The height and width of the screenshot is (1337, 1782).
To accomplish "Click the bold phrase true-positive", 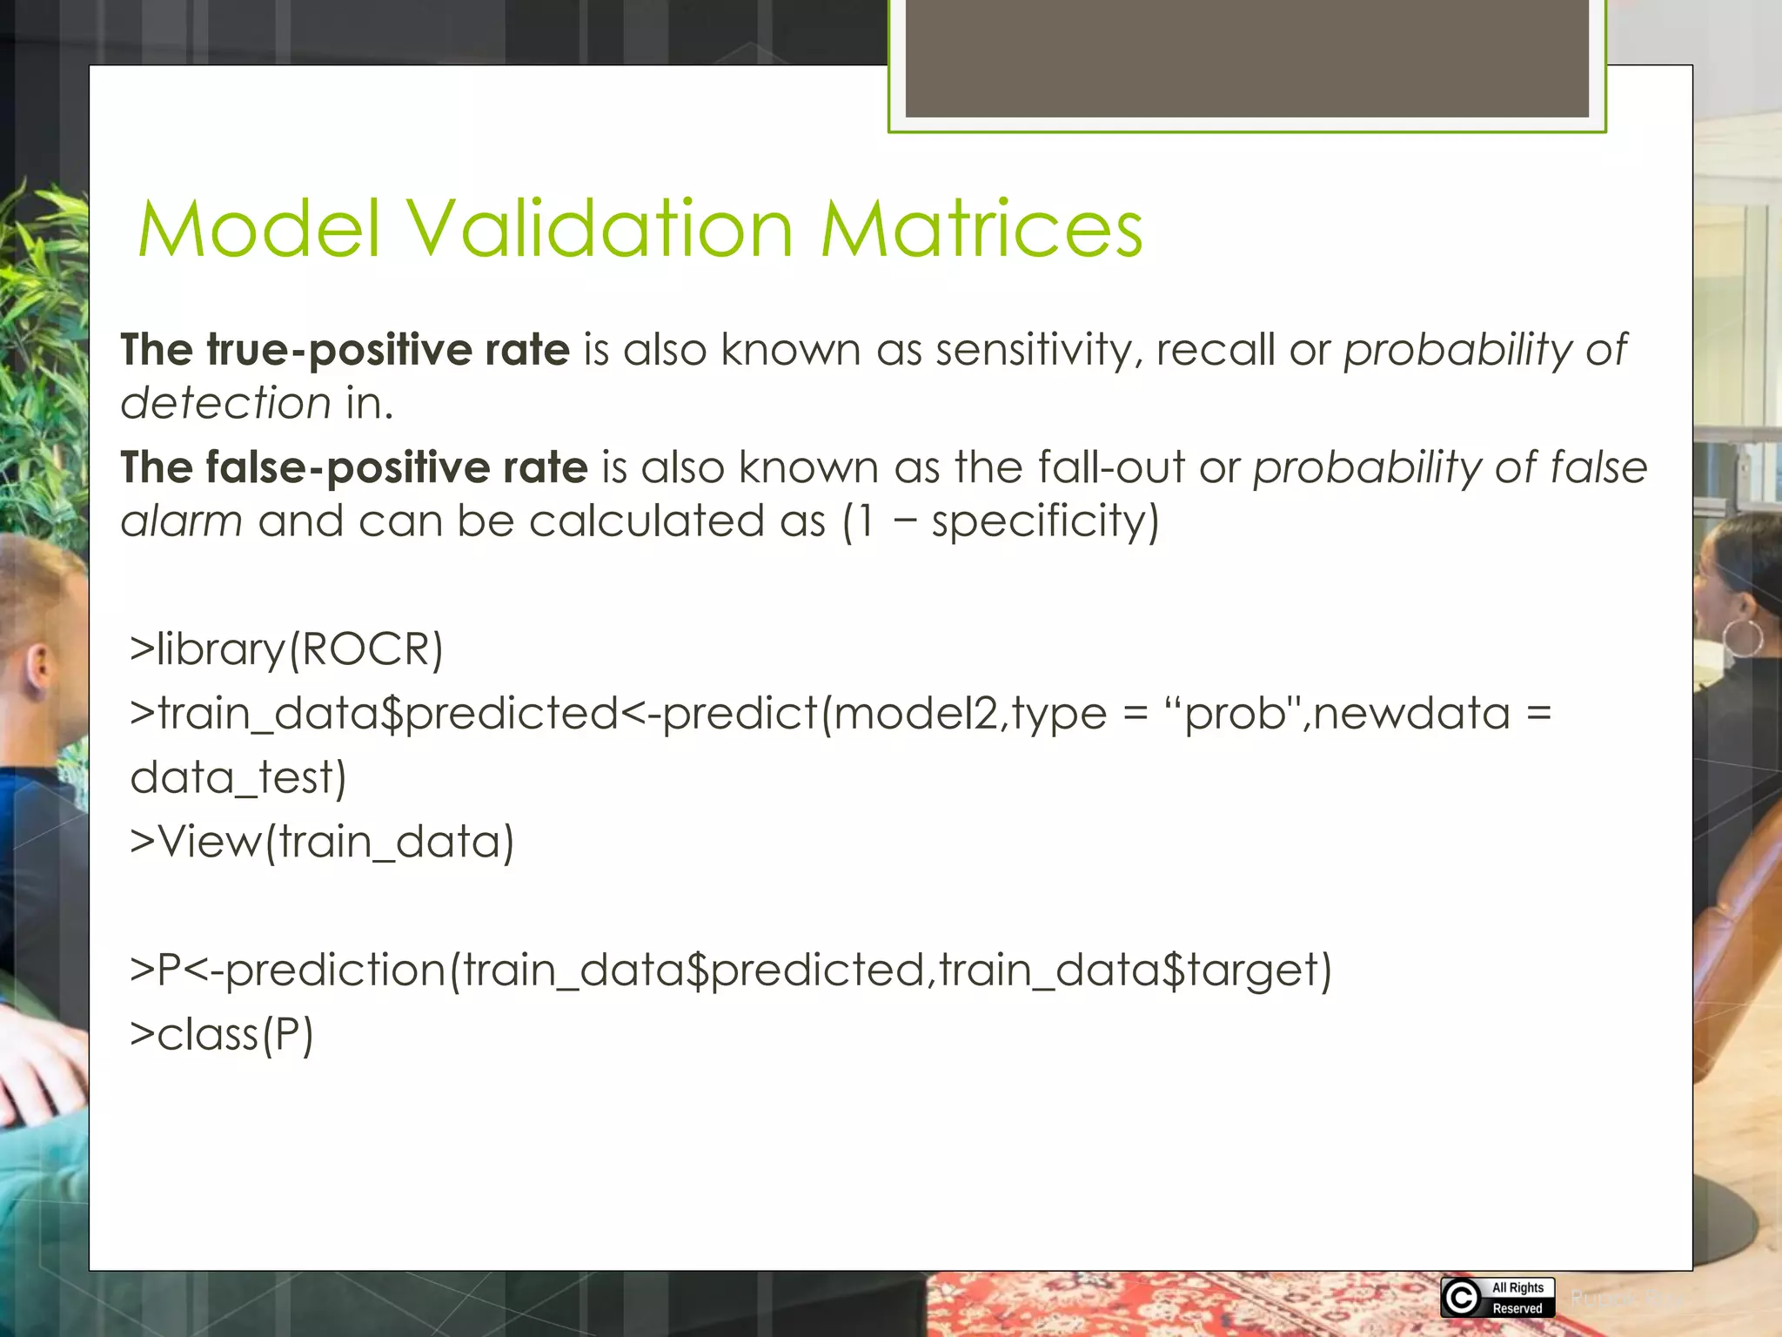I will pos(343,350).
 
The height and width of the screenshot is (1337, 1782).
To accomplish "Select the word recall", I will pos(1215,350).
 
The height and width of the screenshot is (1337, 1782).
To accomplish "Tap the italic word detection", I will pos(225,403).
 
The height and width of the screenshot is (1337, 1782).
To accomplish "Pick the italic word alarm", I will pos(181,521).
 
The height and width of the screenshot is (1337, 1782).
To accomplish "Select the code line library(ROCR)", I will pos(286,649).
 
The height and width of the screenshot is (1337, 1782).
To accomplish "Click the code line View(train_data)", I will pos(322,842).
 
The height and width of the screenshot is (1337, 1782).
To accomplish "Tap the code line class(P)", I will pos(222,1034).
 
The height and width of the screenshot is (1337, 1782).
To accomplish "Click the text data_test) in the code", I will pos(238,777).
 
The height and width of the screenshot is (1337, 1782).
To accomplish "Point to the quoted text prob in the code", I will pos(1236,714).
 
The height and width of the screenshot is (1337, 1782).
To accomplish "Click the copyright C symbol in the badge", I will pos(1462,1298).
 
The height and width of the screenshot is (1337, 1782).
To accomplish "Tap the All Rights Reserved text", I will pos(1517,1298).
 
